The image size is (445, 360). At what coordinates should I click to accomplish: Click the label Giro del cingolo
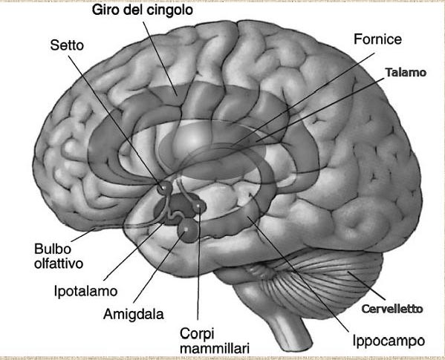click(x=143, y=10)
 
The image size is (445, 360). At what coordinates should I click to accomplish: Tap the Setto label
click(x=67, y=45)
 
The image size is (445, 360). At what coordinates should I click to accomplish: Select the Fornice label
click(x=377, y=39)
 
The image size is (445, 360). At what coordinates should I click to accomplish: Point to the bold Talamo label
click(x=406, y=73)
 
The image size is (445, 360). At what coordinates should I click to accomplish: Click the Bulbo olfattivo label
click(x=59, y=256)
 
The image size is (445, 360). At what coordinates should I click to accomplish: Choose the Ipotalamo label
click(x=85, y=291)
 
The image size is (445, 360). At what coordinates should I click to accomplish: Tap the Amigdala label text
click(x=134, y=314)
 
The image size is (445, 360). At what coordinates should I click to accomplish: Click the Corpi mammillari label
click(x=215, y=341)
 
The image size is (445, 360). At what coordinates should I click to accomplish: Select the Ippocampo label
click(x=389, y=341)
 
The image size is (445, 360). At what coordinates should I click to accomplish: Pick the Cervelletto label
click(x=392, y=309)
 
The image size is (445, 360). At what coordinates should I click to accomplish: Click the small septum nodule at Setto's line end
click(x=164, y=188)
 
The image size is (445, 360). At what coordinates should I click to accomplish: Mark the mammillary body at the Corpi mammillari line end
click(x=199, y=207)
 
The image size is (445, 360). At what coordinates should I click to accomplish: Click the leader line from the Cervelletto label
click(x=367, y=286)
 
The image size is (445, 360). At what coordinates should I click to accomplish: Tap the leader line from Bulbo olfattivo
click(x=83, y=235)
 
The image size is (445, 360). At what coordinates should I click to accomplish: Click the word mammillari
click(x=215, y=348)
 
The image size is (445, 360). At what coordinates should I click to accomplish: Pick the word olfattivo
click(x=59, y=264)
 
